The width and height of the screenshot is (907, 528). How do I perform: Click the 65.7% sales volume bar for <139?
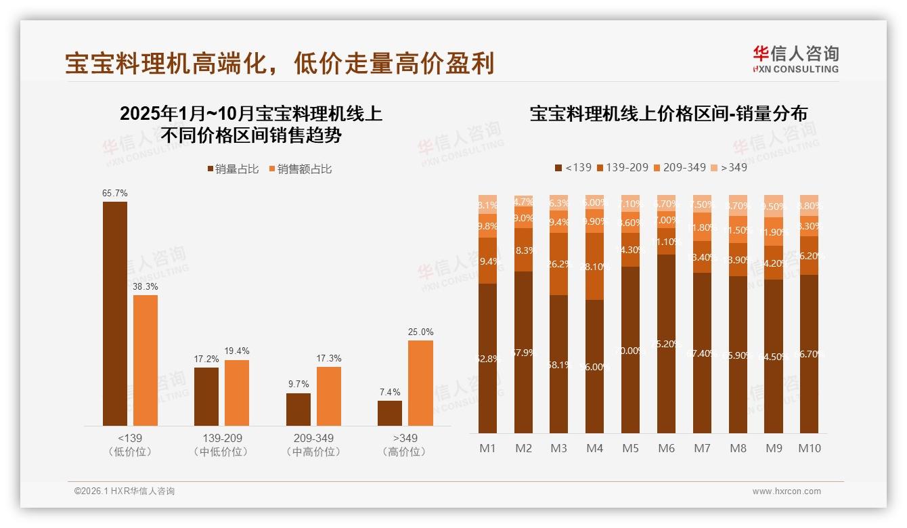click(115, 313)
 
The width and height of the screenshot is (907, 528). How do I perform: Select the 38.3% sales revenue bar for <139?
click(146, 360)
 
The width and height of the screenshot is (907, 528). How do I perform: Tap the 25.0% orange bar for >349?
click(420, 382)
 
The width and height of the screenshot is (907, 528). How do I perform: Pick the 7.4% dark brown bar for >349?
click(390, 413)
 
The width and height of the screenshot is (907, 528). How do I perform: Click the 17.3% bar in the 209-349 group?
click(329, 396)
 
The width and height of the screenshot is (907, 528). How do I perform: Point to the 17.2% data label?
click(206, 359)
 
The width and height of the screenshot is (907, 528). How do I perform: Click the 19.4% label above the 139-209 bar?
click(237, 351)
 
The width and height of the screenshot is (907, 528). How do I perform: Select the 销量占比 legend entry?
click(233, 169)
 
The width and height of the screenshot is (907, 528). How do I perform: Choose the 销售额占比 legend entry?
click(301, 169)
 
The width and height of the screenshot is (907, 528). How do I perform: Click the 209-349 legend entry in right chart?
click(680, 167)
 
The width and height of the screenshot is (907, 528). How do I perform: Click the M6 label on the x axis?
click(666, 448)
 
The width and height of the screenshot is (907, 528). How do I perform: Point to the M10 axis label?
click(810, 448)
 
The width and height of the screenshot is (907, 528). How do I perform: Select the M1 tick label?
click(487, 448)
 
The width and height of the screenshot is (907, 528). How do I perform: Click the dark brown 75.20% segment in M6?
click(666, 343)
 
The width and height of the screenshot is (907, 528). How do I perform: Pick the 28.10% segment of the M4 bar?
click(594, 266)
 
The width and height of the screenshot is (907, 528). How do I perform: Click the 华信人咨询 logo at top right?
click(795, 59)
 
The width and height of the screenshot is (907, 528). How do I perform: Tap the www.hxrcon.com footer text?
click(787, 491)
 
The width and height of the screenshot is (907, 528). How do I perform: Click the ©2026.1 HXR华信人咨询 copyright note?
click(125, 491)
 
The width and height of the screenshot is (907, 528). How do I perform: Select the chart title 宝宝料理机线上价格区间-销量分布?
click(668, 114)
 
